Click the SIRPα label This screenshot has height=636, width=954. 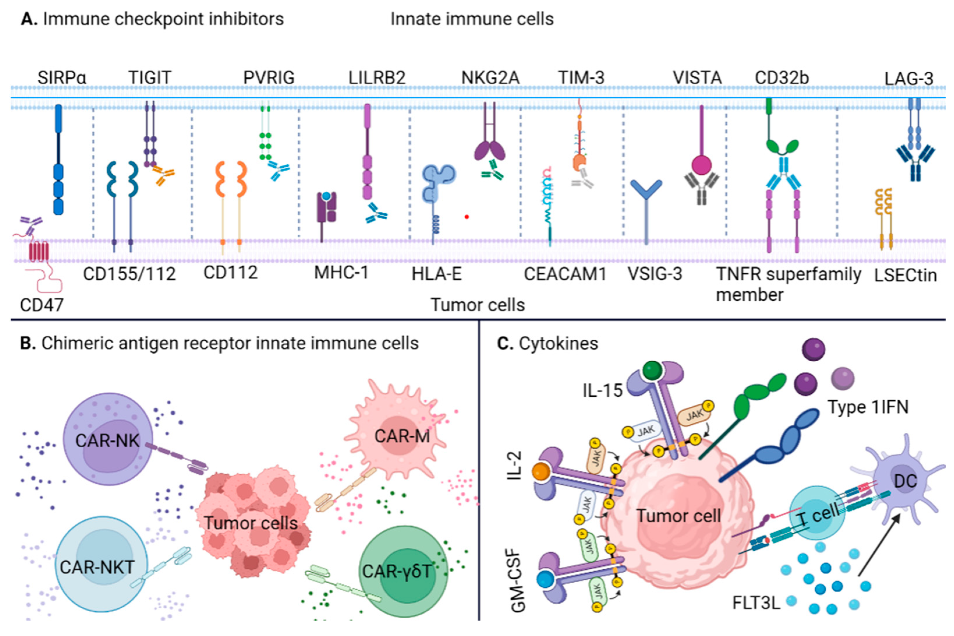pos(62,77)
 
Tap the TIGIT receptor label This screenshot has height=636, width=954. pos(150,77)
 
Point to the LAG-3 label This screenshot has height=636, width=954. pos(909,79)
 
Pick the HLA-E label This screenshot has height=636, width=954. pos(437,274)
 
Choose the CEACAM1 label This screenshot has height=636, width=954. pos(565,274)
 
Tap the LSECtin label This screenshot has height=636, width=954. pos(905,275)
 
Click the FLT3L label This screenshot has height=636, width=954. pos(756,603)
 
